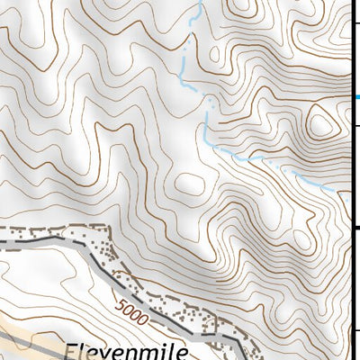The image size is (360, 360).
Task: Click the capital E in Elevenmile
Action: pyautogui.click(x=71, y=349)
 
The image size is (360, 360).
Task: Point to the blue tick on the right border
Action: pyautogui.click(x=356, y=96)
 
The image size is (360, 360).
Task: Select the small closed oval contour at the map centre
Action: pyautogui.click(x=189, y=184)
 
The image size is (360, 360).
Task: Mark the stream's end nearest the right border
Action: pyautogui.click(x=338, y=191)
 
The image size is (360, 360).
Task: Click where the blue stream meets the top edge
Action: pyautogui.click(x=197, y=2)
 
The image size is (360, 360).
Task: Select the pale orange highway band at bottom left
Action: pyautogui.click(x=18, y=329)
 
